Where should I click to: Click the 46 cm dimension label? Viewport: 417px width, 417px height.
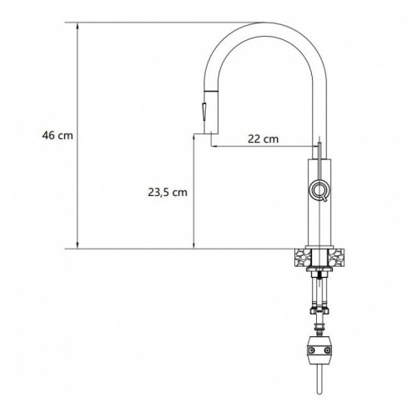click(x=58, y=136)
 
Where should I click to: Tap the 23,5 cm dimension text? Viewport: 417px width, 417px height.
click(x=168, y=192)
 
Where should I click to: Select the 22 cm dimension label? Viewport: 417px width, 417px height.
click(x=263, y=138)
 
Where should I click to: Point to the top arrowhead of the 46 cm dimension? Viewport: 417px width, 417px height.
click(x=78, y=26)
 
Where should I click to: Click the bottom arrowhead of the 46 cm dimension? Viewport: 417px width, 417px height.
click(x=78, y=245)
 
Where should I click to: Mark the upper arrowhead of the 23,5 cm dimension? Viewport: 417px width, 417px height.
click(x=194, y=138)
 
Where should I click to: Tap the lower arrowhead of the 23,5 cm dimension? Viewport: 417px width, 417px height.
click(x=194, y=245)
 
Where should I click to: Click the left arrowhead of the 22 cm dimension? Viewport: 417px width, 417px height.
click(x=214, y=146)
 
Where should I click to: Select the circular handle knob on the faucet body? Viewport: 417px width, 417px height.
click(x=319, y=189)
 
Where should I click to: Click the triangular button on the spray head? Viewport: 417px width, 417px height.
click(x=204, y=111)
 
